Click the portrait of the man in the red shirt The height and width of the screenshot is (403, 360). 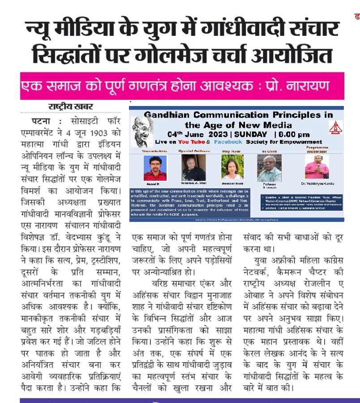tap(155, 168)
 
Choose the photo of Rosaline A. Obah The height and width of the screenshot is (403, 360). tap(194, 167)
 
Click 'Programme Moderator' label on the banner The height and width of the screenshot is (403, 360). tap(317, 149)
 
